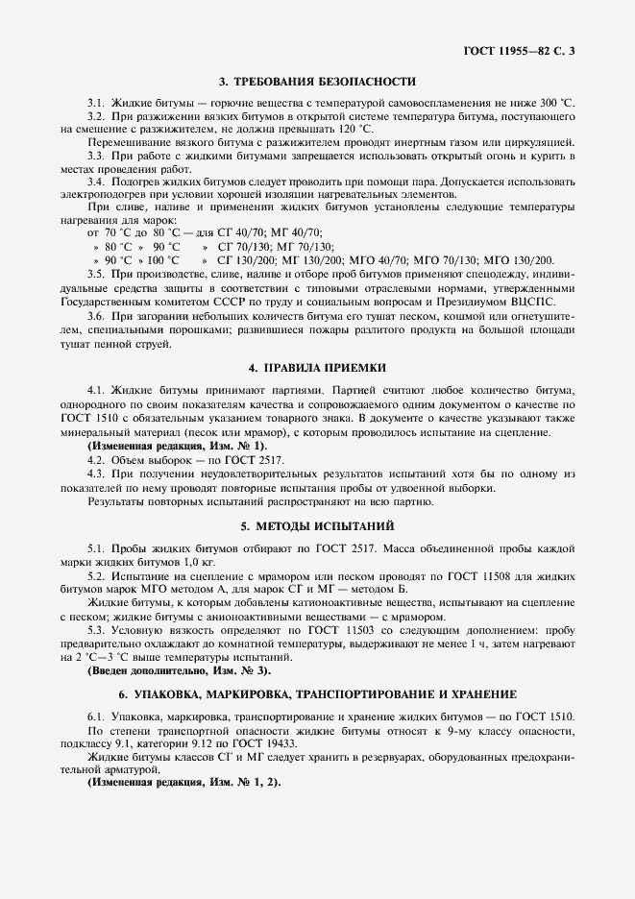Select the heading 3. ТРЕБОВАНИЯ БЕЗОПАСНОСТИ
click(x=318, y=82)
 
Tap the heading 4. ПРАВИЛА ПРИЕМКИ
click(x=318, y=368)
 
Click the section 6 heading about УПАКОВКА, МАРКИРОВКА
click(x=318, y=693)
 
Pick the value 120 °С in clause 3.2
click(x=355, y=128)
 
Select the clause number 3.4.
click(x=96, y=181)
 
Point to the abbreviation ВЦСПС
click(x=550, y=299)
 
